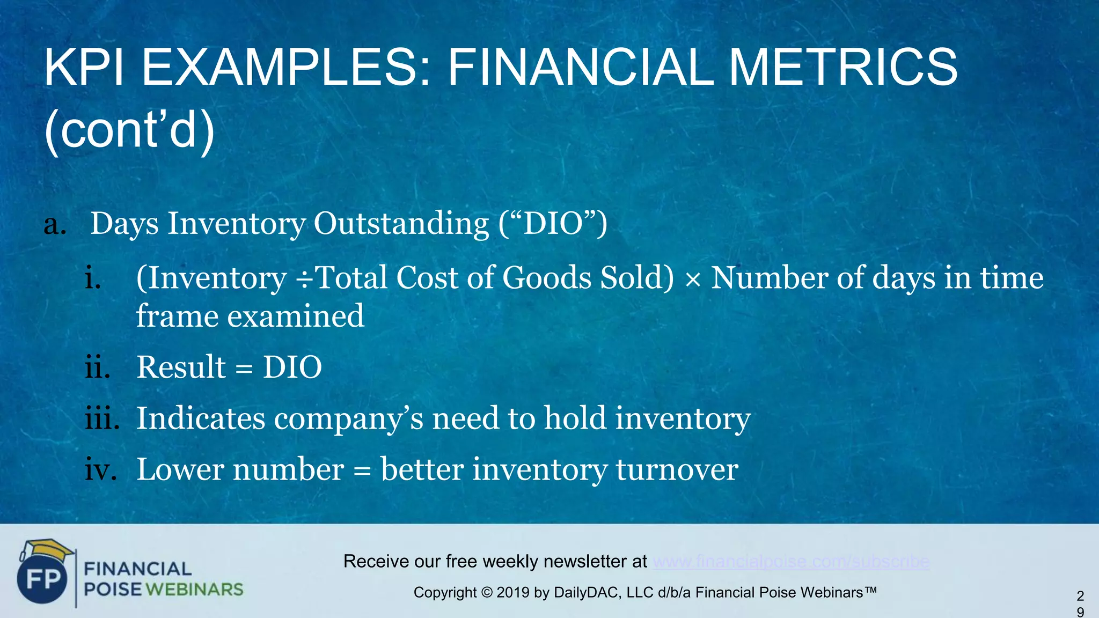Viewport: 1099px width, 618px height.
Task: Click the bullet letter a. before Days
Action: tap(55, 224)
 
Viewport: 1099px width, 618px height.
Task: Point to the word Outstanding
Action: tap(401, 223)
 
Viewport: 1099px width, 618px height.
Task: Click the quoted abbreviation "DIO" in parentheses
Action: tap(553, 223)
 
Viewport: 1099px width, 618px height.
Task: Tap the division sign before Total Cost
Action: tap(304, 279)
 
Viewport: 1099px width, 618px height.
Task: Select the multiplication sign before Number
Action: tap(693, 279)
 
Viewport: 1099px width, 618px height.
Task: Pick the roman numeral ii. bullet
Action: tap(98, 367)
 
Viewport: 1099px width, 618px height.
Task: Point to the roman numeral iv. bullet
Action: tap(100, 470)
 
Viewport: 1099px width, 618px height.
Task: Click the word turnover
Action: tap(677, 470)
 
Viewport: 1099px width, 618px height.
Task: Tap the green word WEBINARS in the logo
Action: tap(194, 590)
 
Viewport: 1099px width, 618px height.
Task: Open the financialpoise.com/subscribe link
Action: tap(791, 562)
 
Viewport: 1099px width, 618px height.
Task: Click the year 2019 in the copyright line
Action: tap(513, 593)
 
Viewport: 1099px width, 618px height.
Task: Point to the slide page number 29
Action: tap(1080, 604)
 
